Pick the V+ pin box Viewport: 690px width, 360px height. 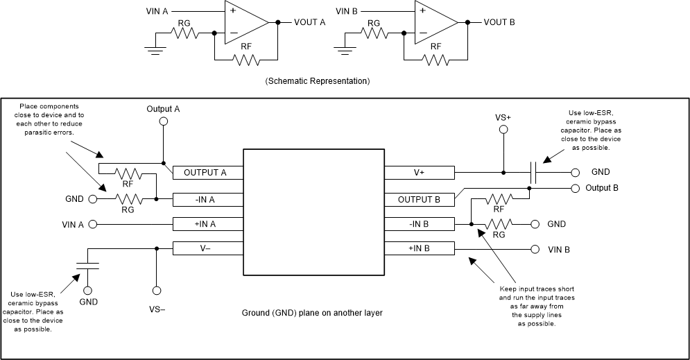[x=420, y=173]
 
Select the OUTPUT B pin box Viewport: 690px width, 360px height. [x=420, y=198]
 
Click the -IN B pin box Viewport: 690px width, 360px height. [x=420, y=223]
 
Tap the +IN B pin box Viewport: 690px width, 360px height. [x=420, y=248]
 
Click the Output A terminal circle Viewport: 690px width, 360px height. [x=163, y=121]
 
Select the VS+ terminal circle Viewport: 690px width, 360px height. [x=503, y=130]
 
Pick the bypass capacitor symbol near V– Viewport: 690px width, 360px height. [x=87, y=264]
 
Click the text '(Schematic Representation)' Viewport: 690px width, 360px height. [x=317, y=81]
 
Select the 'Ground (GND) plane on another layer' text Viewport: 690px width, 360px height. [x=312, y=313]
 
